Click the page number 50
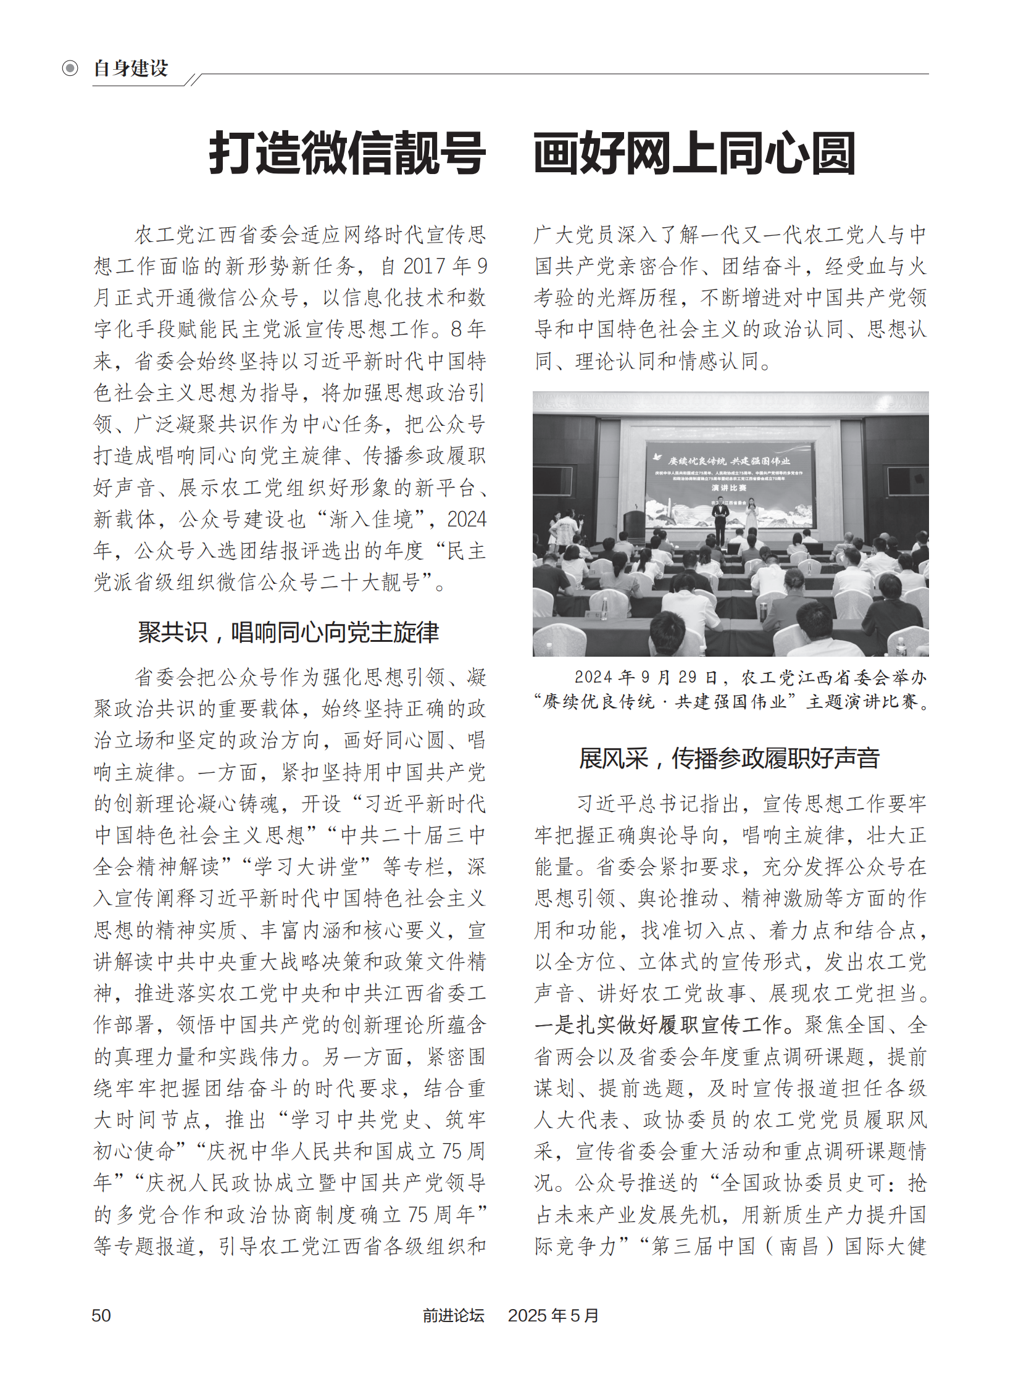pyautogui.click(x=101, y=1315)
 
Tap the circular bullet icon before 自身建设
pyautogui.click(x=70, y=68)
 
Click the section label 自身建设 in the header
pyautogui.click(x=131, y=68)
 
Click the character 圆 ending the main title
pyautogui.click(x=833, y=154)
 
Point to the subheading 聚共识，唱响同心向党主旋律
pyautogui.click(x=289, y=632)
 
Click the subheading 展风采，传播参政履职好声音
pyautogui.click(x=729, y=759)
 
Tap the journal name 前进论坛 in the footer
pyautogui.click(x=453, y=1315)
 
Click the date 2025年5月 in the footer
pyautogui.click(x=553, y=1315)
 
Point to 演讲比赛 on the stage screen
pyautogui.click(x=728, y=488)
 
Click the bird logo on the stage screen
pyautogui.click(x=659, y=457)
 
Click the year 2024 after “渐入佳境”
pyautogui.click(x=467, y=519)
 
